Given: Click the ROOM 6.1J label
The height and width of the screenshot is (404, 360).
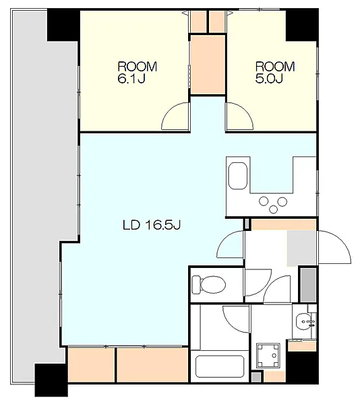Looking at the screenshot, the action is [x=138, y=73].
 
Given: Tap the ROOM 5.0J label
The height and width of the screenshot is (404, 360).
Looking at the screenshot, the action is [x=275, y=73].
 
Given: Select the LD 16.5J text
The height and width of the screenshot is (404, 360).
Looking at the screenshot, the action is [x=152, y=225].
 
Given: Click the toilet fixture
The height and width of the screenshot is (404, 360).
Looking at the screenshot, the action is [x=209, y=284].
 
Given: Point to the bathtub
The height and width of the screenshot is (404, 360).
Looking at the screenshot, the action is [x=220, y=366].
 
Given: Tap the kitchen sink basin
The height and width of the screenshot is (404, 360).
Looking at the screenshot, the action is [x=238, y=176].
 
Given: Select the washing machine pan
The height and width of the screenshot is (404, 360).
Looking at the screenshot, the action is [x=268, y=356].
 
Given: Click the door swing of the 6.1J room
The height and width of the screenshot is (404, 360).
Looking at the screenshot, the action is [x=175, y=116].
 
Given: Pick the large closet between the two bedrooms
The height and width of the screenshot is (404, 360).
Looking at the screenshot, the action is [x=208, y=65].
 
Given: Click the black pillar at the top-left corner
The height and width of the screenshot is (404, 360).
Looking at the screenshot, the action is [x=63, y=25].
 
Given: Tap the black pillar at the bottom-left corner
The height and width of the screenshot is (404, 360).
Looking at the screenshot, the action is [x=51, y=380].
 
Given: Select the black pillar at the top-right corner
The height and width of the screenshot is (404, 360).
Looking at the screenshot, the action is [x=302, y=25].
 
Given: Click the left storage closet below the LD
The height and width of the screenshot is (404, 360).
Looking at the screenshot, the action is [x=91, y=365].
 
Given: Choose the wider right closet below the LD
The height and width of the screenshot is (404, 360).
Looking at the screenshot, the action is [x=152, y=365].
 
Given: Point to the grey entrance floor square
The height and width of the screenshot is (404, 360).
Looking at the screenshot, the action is [x=302, y=248].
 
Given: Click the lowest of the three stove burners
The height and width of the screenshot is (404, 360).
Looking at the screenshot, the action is [x=273, y=209].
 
